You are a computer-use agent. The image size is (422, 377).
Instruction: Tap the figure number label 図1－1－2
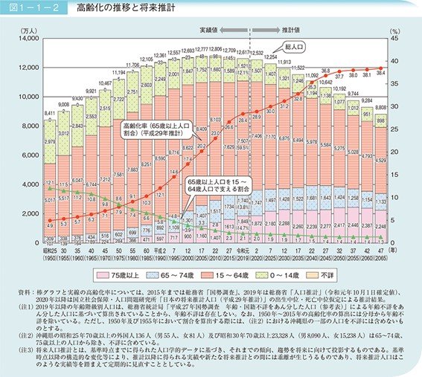pos(28,8)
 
